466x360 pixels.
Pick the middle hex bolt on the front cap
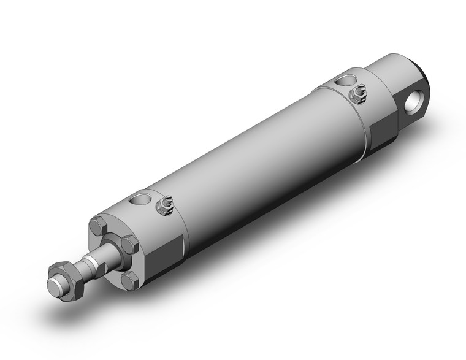click(x=129, y=245)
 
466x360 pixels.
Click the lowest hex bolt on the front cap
click(x=129, y=281)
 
